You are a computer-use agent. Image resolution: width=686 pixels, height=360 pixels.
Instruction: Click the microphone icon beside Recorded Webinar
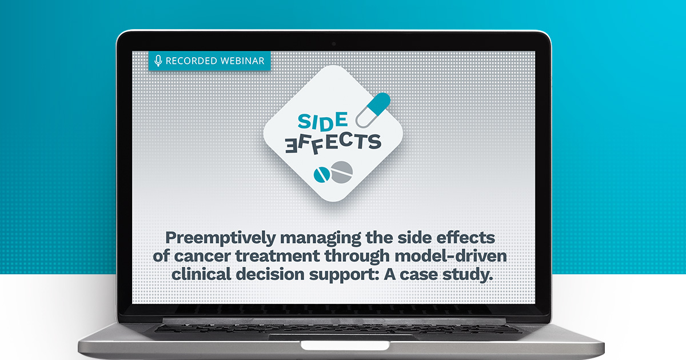tap(158, 61)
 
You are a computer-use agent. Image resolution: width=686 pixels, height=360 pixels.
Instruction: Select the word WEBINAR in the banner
tap(242, 61)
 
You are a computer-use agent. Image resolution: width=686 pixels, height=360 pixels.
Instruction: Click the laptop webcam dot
tap(334, 44)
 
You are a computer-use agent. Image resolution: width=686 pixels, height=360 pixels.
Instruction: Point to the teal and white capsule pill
tap(373, 110)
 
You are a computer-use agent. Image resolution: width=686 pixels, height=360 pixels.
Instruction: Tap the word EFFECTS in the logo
tap(333, 143)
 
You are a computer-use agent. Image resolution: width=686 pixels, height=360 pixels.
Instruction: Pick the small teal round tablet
tap(321, 175)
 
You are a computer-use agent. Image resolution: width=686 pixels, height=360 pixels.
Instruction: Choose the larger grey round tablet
tap(341, 173)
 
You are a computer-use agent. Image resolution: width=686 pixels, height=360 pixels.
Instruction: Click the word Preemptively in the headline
tap(221, 238)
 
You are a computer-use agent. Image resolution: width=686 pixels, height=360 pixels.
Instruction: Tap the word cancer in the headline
tap(202, 256)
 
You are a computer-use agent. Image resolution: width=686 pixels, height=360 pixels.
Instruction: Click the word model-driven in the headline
tap(451, 256)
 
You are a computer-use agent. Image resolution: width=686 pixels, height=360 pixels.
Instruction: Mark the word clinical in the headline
tap(201, 274)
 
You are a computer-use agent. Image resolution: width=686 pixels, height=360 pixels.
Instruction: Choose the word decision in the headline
tap(270, 274)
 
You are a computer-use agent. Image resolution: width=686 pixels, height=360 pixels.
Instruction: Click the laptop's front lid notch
tap(345, 345)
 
